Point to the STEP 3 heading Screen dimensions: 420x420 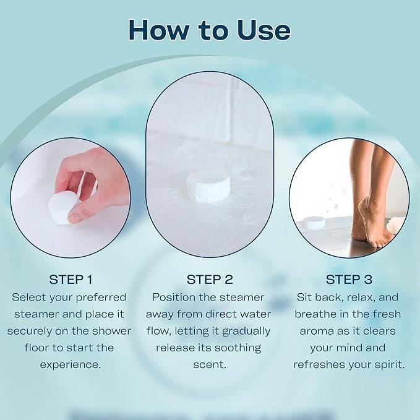click(x=349, y=279)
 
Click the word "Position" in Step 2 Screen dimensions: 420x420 click(x=174, y=297)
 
